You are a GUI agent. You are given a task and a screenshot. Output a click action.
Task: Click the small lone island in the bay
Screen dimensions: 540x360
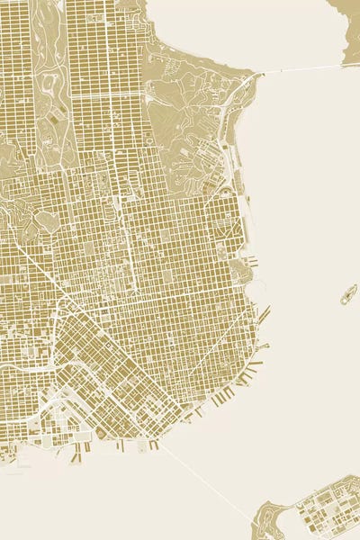(347, 294)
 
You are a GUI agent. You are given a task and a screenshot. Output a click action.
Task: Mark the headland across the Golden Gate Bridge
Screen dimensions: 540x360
(347, 13)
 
